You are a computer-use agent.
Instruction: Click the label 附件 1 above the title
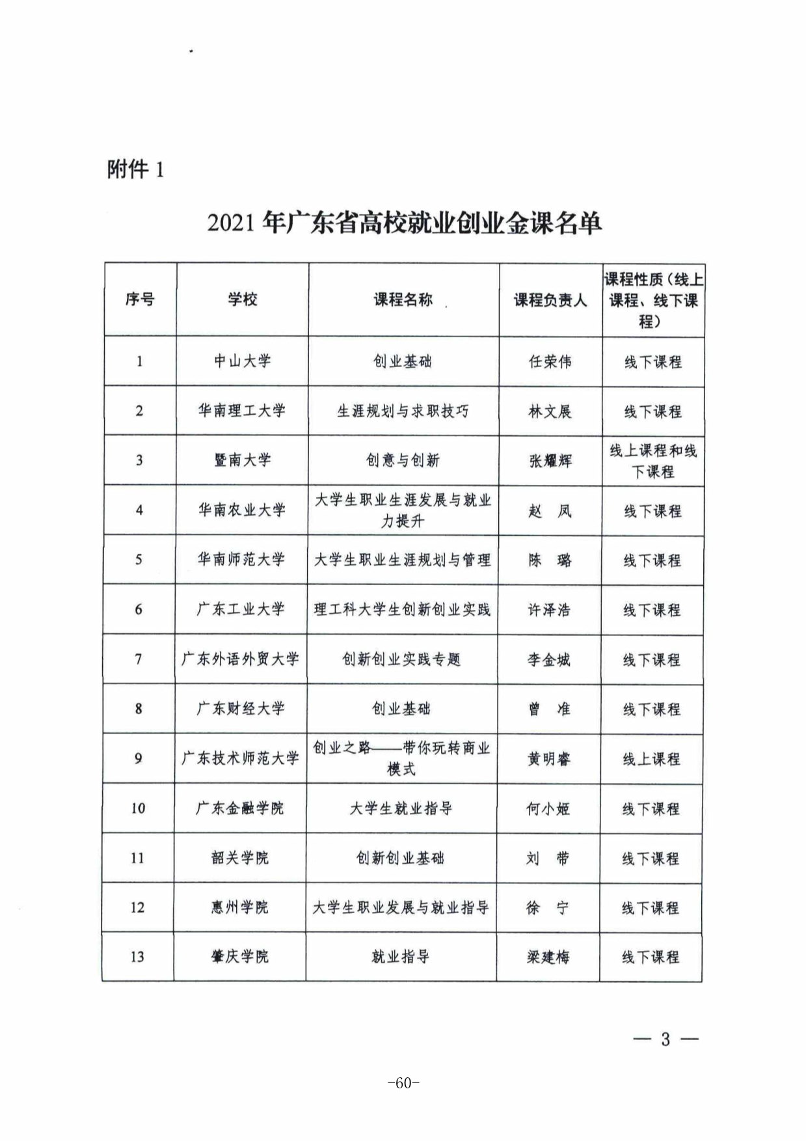135,170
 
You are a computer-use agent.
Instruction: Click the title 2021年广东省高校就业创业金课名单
404,223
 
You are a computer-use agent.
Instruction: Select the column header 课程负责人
550,300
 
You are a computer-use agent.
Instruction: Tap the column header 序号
140,299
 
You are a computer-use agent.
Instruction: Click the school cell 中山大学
242,361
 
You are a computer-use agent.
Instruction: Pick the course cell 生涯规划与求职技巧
403,411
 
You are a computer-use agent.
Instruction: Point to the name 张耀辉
550,461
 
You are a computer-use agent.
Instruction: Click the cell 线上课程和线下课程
652,461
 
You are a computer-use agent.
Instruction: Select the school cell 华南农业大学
241,510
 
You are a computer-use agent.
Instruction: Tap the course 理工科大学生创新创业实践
402,610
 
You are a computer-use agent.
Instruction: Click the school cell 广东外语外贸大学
240,659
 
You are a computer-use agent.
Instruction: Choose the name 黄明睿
548,759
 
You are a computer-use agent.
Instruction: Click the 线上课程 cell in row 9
651,759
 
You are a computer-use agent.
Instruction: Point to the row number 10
138,808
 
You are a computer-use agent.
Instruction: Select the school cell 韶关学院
239,858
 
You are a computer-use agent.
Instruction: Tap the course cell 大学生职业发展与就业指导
401,907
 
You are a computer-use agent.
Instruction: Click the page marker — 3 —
665,1039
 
